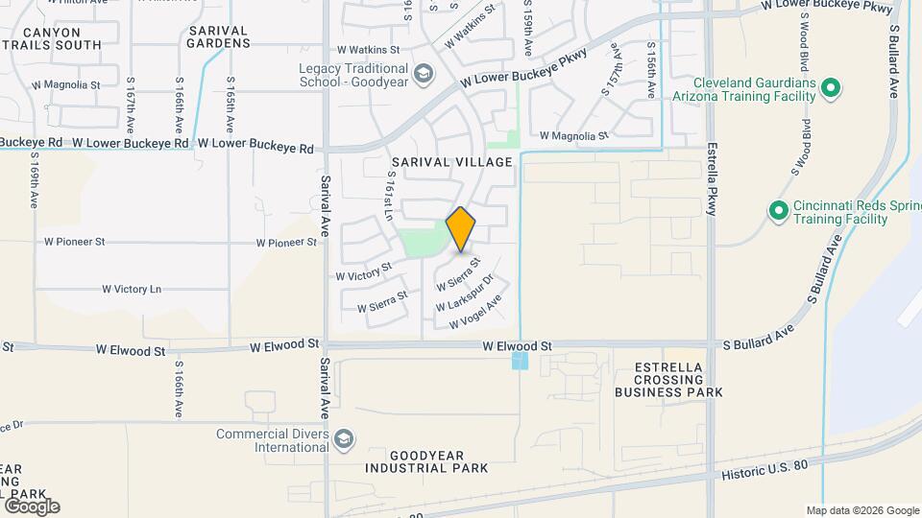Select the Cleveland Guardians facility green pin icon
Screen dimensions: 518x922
pyautogui.click(x=833, y=90)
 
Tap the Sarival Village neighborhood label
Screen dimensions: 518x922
pyautogui.click(x=450, y=162)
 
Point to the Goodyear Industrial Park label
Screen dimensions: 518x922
pyautogui.click(x=425, y=460)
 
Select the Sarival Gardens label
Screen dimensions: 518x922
pyautogui.click(x=218, y=36)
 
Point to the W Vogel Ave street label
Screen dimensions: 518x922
pyautogui.click(x=470, y=311)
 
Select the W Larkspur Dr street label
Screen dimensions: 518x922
pyautogui.click(x=465, y=294)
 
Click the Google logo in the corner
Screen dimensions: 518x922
pyautogui.click(x=32, y=506)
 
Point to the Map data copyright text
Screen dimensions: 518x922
pyautogui.click(x=861, y=510)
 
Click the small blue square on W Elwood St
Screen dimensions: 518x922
pyautogui.click(x=520, y=361)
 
